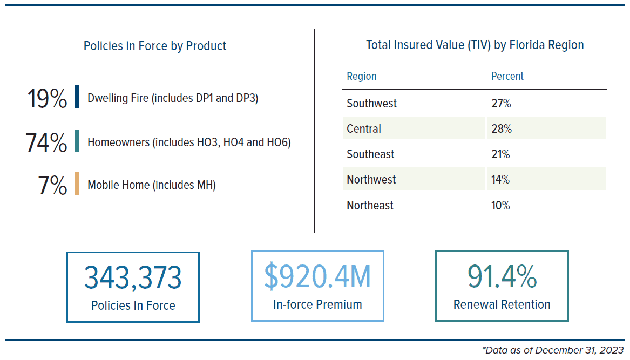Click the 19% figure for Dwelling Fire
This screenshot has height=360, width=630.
click(47, 98)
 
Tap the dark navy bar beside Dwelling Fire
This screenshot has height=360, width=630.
click(77, 97)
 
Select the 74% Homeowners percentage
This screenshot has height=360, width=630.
click(46, 142)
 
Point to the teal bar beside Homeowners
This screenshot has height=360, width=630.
click(77, 141)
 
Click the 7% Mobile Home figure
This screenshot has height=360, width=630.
click(52, 185)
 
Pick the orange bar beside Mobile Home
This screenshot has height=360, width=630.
click(77, 184)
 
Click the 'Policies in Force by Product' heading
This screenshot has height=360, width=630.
click(155, 46)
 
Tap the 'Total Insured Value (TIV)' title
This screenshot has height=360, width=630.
click(428, 45)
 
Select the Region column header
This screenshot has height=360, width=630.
click(362, 76)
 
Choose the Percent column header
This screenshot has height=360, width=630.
click(507, 76)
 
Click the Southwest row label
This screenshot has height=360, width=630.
click(371, 104)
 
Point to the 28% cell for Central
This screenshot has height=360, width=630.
click(502, 128)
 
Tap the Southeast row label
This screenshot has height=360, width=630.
click(370, 154)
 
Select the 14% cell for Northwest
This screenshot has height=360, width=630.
click(500, 179)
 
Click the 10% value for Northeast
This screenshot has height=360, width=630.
click(500, 205)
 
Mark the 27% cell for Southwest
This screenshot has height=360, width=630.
click(501, 104)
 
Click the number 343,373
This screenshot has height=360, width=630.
click(133, 277)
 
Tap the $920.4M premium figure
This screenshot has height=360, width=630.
click(317, 276)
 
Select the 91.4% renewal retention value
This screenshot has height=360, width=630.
click(502, 276)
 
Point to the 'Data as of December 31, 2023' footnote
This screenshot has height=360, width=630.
click(553, 350)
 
